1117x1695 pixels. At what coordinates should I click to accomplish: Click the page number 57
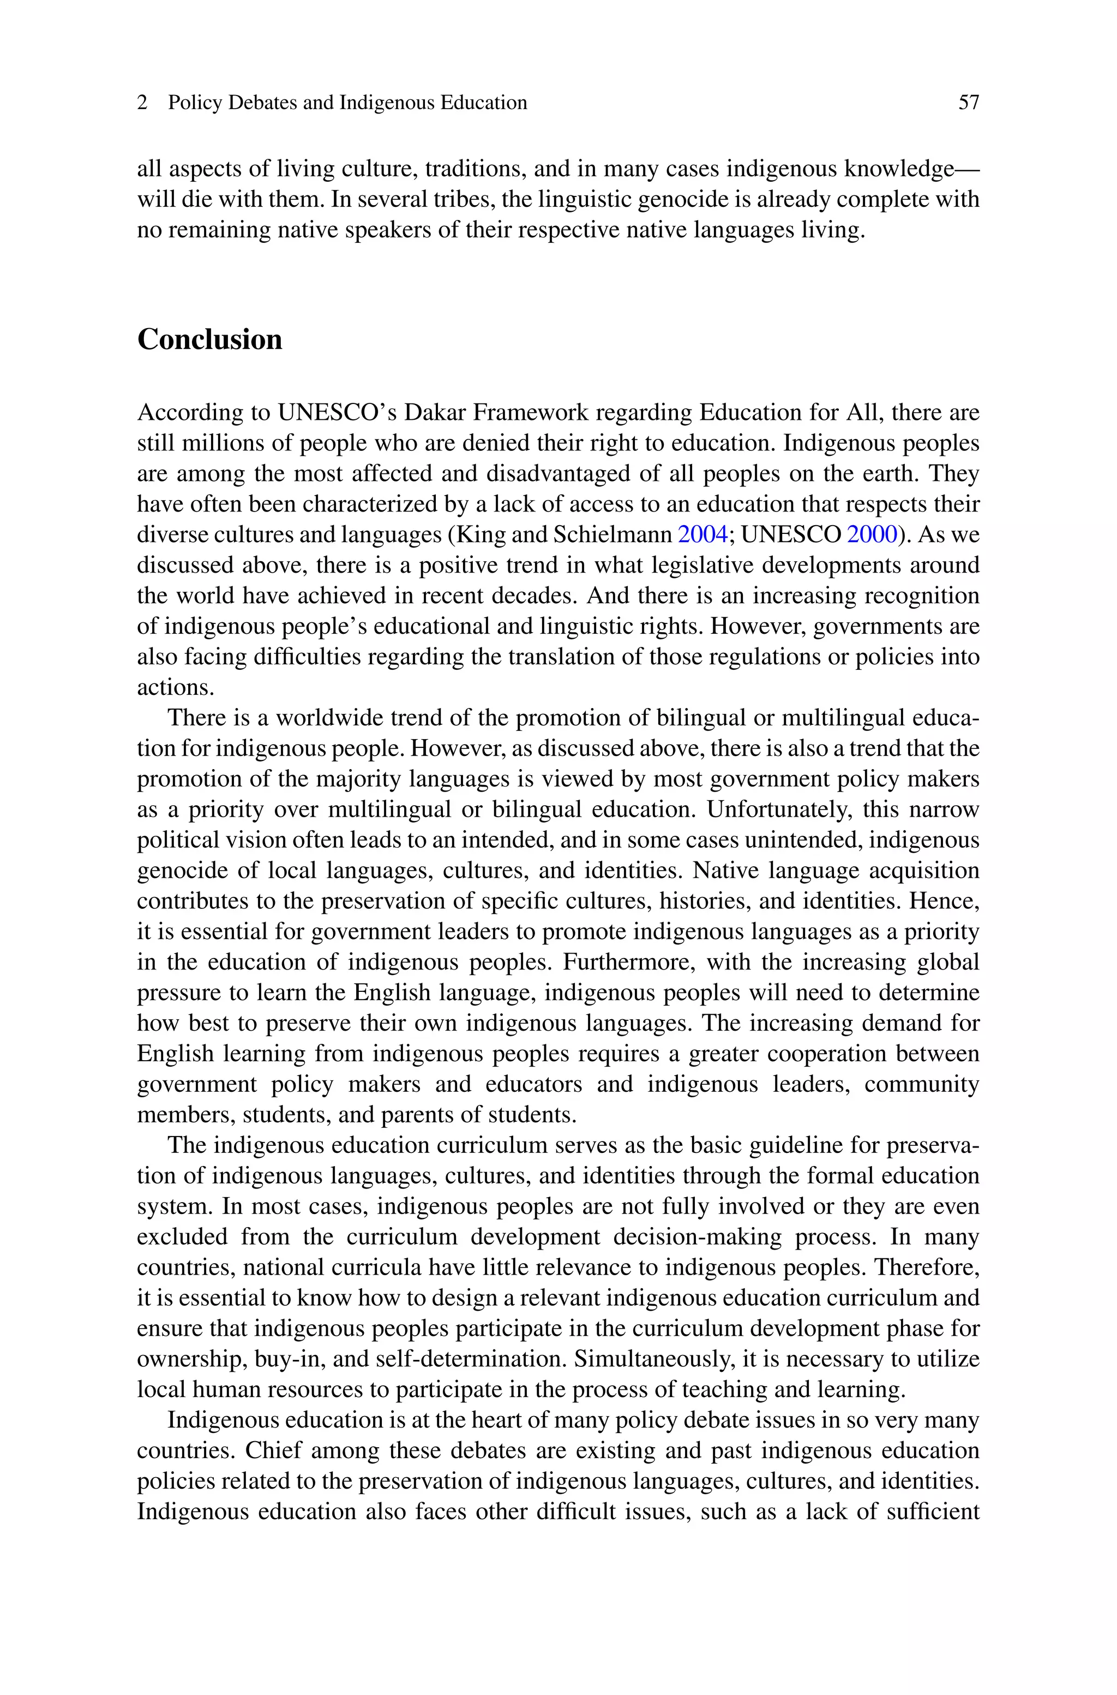pyautogui.click(x=968, y=103)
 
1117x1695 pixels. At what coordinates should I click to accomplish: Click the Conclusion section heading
pyautogui.click(x=209, y=340)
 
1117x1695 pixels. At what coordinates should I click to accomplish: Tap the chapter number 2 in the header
pyautogui.click(x=142, y=103)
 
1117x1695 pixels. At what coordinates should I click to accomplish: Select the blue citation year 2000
pyautogui.click(x=871, y=534)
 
